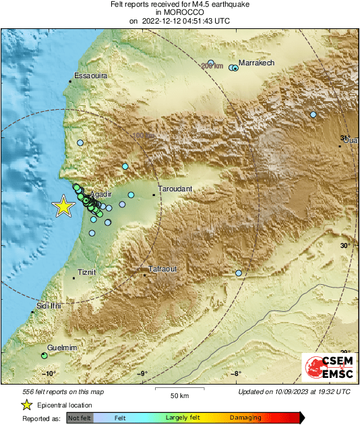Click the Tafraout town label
[x=162, y=269]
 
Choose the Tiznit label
[x=87, y=272]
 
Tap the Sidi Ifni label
[x=49, y=306]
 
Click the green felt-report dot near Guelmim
[x=44, y=356]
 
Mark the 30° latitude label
[x=344, y=246]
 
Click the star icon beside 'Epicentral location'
[x=26, y=405]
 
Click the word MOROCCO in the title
[x=180, y=12]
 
